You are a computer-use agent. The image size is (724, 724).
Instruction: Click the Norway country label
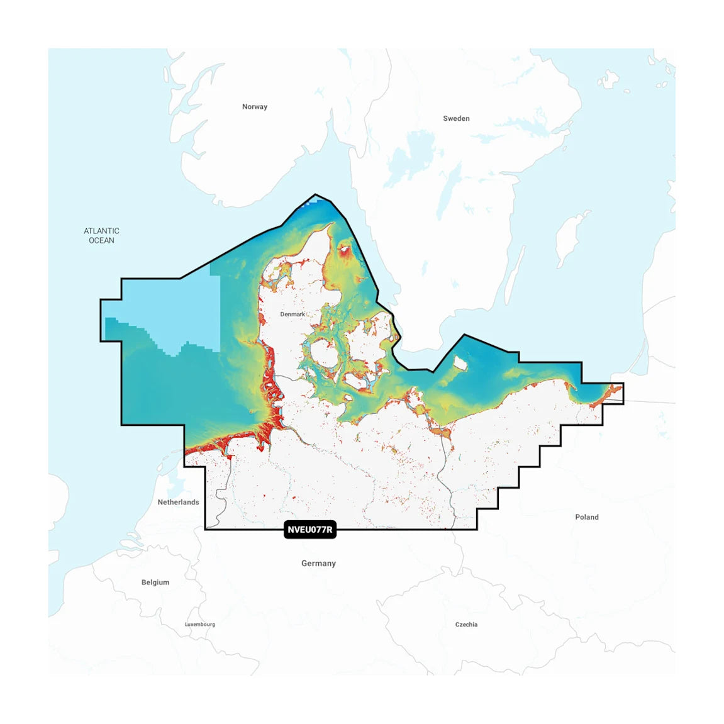[x=255, y=107]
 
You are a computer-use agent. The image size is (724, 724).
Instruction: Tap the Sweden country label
[x=456, y=118]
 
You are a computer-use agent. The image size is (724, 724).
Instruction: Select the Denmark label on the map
[x=292, y=314]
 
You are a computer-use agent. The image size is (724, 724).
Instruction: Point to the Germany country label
[x=318, y=564]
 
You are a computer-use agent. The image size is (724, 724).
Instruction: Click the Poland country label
[x=587, y=517]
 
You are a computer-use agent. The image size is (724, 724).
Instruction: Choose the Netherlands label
[x=178, y=502]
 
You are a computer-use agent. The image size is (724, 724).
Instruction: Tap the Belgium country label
[x=155, y=582]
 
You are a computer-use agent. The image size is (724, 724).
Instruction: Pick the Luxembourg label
[x=200, y=625]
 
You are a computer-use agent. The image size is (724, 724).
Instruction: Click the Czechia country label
[x=466, y=625]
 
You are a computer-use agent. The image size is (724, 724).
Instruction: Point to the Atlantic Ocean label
[x=101, y=236]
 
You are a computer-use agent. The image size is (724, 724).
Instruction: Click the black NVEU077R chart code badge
[x=310, y=530]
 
